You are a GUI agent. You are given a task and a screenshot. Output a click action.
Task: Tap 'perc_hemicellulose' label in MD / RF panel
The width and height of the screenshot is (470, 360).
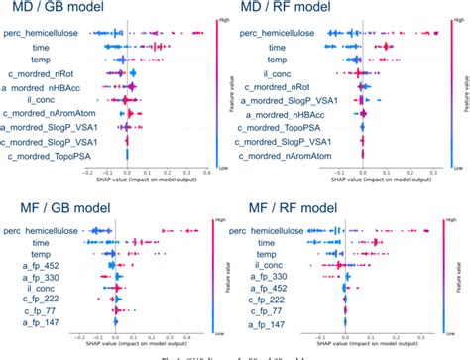284,33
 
